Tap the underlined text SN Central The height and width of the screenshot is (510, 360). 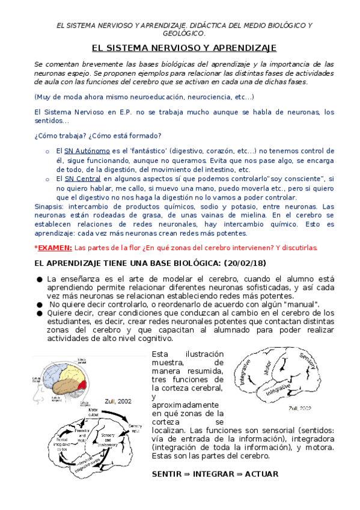coord(82,179)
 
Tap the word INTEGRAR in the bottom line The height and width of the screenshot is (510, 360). coord(212,474)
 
